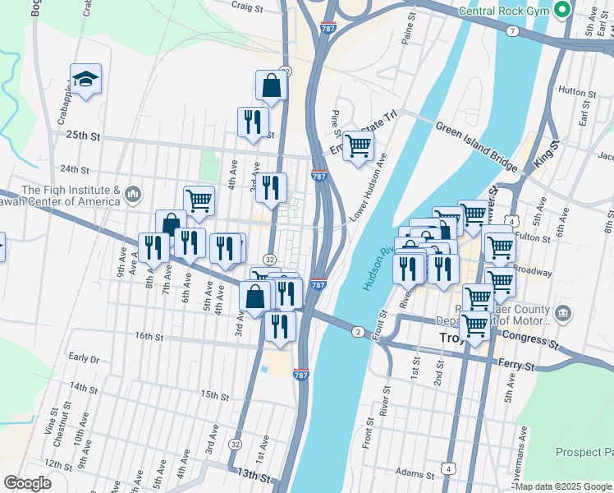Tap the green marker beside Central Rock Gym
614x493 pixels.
point(562,11)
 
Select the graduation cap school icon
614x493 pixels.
point(85,78)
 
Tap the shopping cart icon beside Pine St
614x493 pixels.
point(358,146)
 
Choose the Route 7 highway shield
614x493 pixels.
point(512,30)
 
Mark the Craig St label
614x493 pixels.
point(246,6)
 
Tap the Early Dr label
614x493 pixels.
point(84,357)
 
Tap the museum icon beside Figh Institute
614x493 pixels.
point(134,195)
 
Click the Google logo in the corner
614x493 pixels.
point(27,483)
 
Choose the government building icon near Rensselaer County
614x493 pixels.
point(562,312)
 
